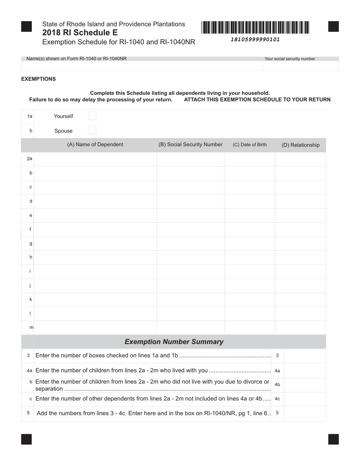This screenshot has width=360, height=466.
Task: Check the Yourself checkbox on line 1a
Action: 92,116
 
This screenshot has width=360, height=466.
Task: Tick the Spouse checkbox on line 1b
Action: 92,131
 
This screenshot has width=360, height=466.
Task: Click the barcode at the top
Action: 255,28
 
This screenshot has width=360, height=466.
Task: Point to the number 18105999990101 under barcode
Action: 255,39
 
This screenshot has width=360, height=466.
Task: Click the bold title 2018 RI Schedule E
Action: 80,33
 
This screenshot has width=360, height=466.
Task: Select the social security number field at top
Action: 301,66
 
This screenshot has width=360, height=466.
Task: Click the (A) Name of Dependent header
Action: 95,145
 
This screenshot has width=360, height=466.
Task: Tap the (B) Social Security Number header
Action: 190,145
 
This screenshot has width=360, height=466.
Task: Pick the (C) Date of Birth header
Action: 250,145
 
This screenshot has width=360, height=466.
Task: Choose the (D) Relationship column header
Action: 301,145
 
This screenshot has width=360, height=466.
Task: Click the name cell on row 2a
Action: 95,159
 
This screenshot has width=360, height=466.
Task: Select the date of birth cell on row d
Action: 250,201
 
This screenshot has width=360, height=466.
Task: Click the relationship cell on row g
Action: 301,243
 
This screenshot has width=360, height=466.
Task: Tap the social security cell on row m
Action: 190,327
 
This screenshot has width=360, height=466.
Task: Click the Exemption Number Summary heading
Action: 174,342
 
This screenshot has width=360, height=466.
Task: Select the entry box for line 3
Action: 304,356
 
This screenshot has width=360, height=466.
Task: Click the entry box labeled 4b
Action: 304,385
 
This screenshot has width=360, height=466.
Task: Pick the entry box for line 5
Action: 304,413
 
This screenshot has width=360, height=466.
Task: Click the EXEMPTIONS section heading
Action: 38,79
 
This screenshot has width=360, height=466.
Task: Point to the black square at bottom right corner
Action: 333,439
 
